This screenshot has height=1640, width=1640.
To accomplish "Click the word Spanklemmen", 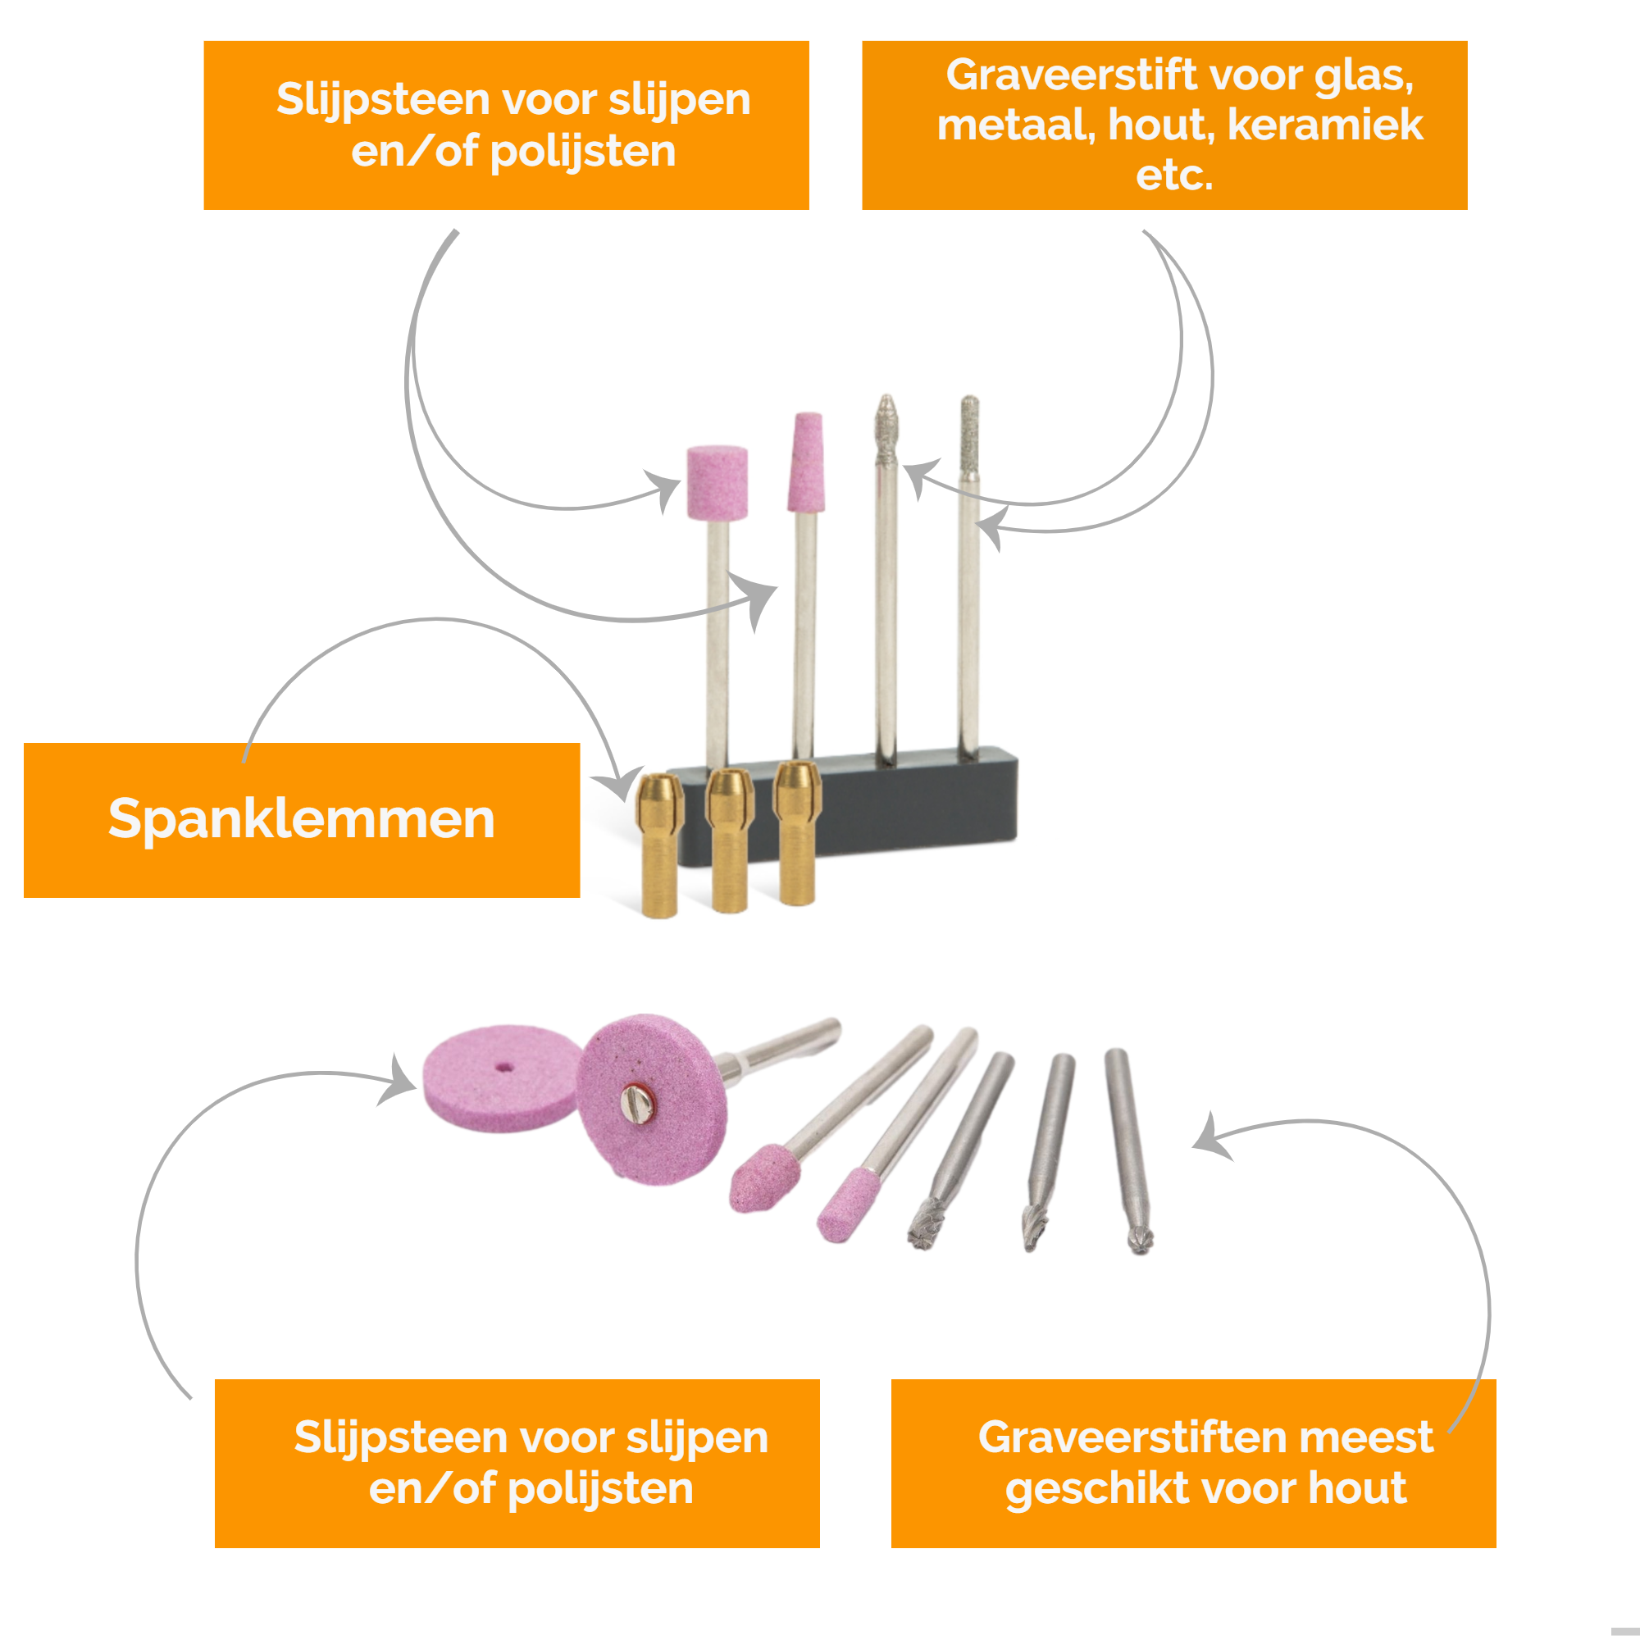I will (301, 819).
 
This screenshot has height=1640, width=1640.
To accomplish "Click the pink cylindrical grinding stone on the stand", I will (717, 481).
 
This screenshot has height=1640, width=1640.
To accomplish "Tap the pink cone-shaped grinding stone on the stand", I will (806, 462).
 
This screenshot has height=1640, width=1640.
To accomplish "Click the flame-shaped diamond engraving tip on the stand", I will (886, 428).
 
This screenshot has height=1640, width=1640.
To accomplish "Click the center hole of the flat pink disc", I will (505, 1067).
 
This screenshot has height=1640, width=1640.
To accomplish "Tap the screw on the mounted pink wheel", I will (635, 1103).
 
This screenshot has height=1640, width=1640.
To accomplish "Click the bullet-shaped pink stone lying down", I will (763, 1178).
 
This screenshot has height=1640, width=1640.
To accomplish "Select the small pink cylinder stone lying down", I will (847, 1203).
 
